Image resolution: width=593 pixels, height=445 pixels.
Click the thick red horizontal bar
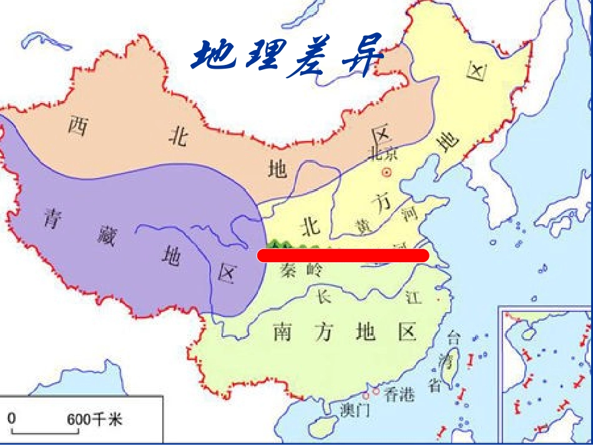click(343, 255)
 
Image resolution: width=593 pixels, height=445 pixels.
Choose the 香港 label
click(399, 395)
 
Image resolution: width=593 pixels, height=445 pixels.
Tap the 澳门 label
click(355, 410)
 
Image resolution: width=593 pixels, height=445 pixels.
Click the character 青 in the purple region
click(51, 218)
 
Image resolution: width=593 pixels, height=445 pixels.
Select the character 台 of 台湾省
click(454, 340)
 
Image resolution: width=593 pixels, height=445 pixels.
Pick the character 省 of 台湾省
click(435, 386)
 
